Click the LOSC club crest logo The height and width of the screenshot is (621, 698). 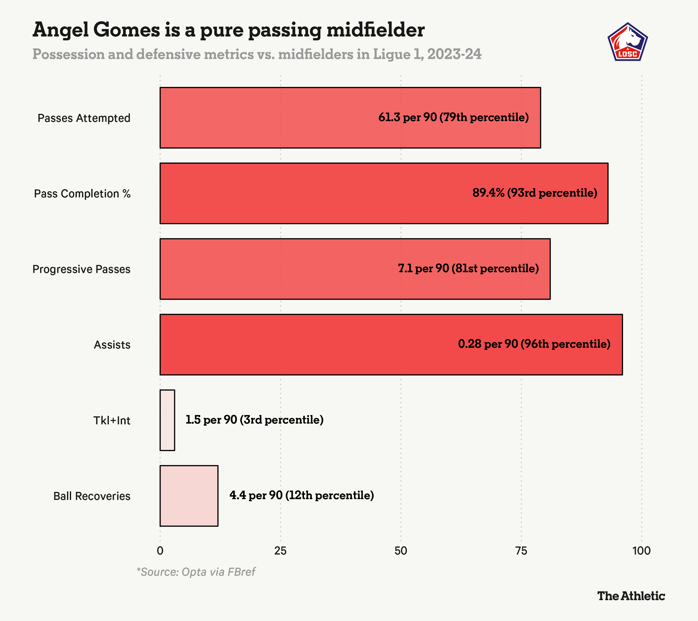[x=628, y=42]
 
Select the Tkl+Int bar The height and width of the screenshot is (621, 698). [x=167, y=420]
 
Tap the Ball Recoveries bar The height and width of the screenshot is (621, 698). [x=189, y=496]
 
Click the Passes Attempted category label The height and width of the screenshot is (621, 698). [x=84, y=118]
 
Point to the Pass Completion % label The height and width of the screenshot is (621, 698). [x=82, y=194]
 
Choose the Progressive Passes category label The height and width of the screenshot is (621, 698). [x=81, y=269]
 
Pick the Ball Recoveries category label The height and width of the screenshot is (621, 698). [x=92, y=496]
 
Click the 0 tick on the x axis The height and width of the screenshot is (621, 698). [x=160, y=551]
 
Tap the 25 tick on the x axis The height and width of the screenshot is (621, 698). [x=280, y=551]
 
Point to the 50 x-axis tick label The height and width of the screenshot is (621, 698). [x=400, y=551]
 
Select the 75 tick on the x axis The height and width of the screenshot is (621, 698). [x=521, y=551]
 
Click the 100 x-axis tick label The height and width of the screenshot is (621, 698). [x=641, y=551]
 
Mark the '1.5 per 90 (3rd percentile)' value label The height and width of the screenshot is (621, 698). [x=254, y=420]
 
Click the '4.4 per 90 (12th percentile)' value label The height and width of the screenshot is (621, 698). [x=301, y=495]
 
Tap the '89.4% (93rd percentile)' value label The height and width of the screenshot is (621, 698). [x=535, y=193]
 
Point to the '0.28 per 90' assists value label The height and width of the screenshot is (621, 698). [x=534, y=344]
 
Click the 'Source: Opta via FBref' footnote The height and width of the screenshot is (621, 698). [x=196, y=572]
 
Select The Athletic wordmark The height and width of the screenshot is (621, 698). [x=631, y=596]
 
